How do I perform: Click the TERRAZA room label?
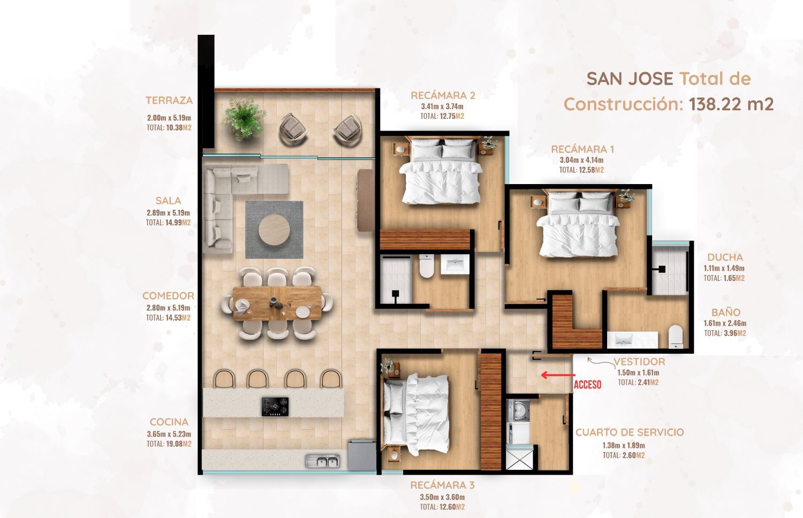pyautogui.click(x=169, y=100)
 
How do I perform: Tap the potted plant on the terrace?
pyautogui.click(x=244, y=119)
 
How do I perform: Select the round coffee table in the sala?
pyautogui.click(x=274, y=230)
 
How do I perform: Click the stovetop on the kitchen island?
pyautogui.click(x=275, y=407)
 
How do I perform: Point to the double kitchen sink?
pyautogui.click(x=323, y=461)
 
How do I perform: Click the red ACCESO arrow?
pyautogui.click(x=558, y=375)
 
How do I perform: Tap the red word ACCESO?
pyautogui.click(x=587, y=385)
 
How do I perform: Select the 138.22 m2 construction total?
pyautogui.click(x=731, y=104)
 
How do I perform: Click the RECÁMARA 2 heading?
pyautogui.click(x=443, y=96)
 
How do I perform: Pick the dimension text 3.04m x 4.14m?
pyautogui.click(x=581, y=160)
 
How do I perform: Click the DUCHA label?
pyautogui.click(x=725, y=257)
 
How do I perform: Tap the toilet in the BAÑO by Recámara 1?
pyautogui.click(x=676, y=337)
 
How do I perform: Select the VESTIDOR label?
pyautogui.click(x=639, y=362)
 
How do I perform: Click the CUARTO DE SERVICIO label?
pyautogui.click(x=630, y=432)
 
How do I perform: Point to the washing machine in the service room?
pyautogui.click(x=518, y=409)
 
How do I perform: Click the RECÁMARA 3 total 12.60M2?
pyautogui.click(x=442, y=507)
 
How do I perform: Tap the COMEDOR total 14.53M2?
pyautogui.click(x=168, y=318)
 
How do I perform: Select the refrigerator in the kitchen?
pyautogui.click(x=362, y=455)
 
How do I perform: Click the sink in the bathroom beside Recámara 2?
pyautogui.click(x=454, y=265)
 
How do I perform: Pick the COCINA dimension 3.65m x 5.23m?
pyautogui.click(x=169, y=434)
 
